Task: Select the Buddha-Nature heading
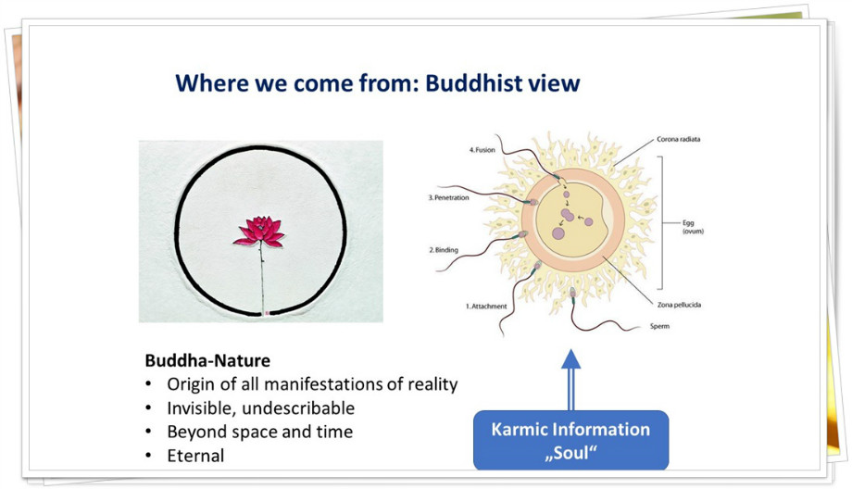[x=207, y=360]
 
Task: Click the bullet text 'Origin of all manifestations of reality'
[x=312, y=384]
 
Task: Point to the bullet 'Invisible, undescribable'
[x=261, y=408]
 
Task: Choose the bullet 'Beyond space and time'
[x=260, y=432]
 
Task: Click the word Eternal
[x=195, y=456]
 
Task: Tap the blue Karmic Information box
[x=571, y=441]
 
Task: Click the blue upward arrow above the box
[x=570, y=380]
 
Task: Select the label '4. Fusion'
[x=482, y=150]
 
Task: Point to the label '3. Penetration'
[x=448, y=198]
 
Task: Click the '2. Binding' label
[x=444, y=250]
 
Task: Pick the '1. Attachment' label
[x=486, y=307]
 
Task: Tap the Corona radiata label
[x=679, y=139]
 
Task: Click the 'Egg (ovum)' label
[x=693, y=227]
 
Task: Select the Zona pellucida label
[x=679, y=305]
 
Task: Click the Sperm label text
[x=659, y=327]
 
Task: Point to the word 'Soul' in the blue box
[x=570, y=453]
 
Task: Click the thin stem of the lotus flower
[x=262, y=277]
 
